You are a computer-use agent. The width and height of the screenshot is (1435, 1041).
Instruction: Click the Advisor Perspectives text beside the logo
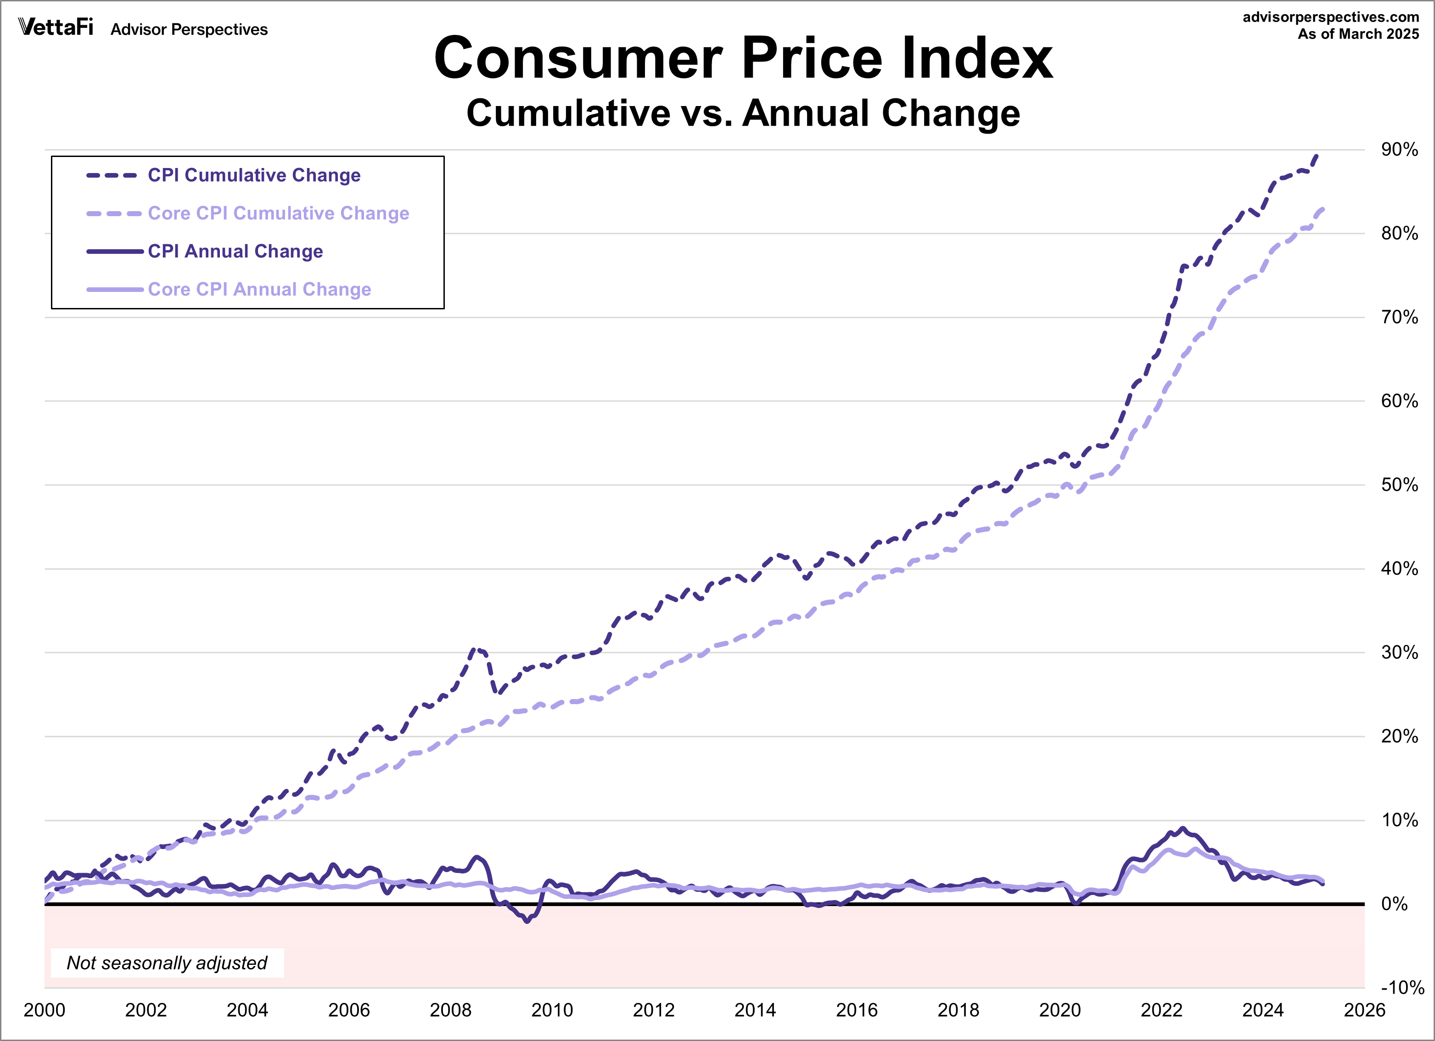[189, 30]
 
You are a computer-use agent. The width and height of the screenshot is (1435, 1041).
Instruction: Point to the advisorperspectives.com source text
[1331, 17]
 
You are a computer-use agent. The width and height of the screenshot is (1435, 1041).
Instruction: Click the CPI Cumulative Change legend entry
[254, 175]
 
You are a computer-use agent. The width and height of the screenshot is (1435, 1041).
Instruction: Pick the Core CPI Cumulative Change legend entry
[278, 213]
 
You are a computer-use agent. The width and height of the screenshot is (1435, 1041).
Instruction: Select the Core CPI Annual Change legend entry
[259, 289]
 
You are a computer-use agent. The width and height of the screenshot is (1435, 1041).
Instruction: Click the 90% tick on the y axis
[1399, 150]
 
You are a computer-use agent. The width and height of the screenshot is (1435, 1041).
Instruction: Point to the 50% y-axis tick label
[1399, 485]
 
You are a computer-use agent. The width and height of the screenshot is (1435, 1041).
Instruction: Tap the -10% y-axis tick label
[1401, 988]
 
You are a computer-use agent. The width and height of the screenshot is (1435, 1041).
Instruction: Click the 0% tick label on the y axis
[1394, 904]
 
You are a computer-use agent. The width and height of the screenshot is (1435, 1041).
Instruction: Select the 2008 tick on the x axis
[450, 1010]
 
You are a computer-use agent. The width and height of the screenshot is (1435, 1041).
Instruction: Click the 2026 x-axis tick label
[1364, 1010]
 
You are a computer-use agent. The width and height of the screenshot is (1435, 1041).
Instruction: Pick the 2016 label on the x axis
[857, 1010]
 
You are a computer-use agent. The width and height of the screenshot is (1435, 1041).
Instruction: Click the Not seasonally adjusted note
[167, 963]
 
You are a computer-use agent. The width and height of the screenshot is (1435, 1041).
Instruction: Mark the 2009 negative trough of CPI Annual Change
[527, 921]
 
